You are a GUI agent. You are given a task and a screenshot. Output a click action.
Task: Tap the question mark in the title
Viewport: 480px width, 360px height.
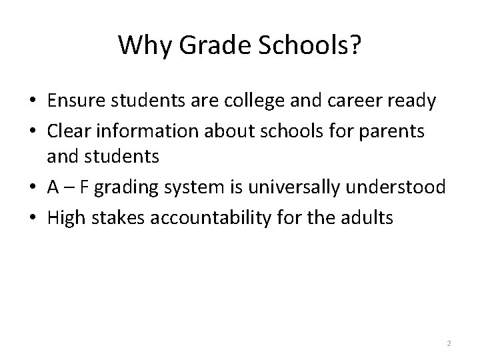(356, 45)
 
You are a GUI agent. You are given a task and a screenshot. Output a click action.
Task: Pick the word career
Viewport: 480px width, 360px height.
(359, 101)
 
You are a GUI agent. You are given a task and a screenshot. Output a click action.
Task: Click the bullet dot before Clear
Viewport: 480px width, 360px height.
(31, 131)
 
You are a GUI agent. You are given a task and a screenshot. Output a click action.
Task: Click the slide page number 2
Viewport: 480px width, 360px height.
(449, 343)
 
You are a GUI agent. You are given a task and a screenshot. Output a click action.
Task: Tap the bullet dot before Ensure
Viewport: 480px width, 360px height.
(31, 102)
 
